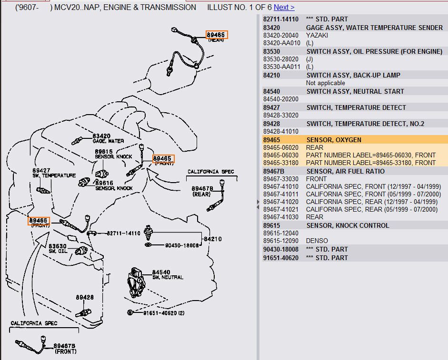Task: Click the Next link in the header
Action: [x=284, y=8]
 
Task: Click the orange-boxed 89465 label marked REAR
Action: [x=217, y=35]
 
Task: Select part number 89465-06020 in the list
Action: [x=280, y=147]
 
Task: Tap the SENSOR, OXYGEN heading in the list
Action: [x=334, y=140]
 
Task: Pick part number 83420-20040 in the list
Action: [x=280, y=35]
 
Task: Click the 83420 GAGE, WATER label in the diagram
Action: [x=108, y=138]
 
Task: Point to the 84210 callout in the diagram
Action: [x=212, y=239]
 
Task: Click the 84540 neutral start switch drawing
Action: [x=136, y=282]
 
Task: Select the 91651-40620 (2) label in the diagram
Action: [x=164, y=313]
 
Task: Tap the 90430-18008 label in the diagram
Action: [x=182, y=245]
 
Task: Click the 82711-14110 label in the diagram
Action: [x=123, y=233]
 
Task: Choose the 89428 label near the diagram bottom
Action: [x=85, y=297]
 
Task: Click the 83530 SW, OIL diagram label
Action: [x=58, y=248]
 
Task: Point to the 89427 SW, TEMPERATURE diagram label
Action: [x=54, y=173]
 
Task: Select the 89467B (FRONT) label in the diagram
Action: [x=65, y=349]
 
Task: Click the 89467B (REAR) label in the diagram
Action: [x=202, y=191]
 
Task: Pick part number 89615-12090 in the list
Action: [x=280, y=241]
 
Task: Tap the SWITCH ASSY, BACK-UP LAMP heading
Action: [x=353, y=75]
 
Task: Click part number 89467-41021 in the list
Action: [x=280, y=210]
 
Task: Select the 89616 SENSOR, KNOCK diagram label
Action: [x=114, y=185]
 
